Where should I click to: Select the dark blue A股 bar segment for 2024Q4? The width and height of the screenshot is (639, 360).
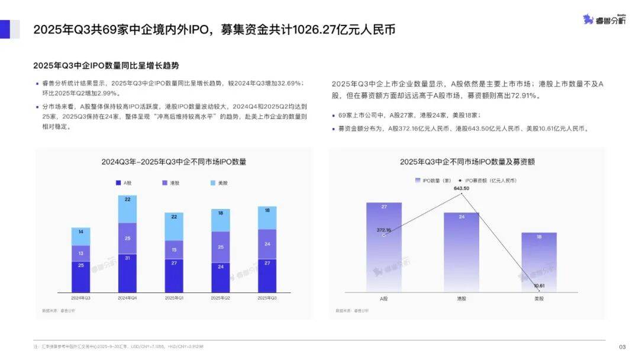click(x=127, y=273)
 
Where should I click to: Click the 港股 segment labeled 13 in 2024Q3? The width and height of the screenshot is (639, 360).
click(x=81, y=253)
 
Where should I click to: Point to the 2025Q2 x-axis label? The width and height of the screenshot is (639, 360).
click(x=220, y=298)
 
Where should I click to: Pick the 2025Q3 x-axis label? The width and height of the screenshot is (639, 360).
click(x=267, y=298)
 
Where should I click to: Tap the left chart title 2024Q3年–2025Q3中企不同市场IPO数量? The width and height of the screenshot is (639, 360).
click(x=174, y=162)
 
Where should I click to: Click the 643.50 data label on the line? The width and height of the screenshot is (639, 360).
click(x=461, y=188)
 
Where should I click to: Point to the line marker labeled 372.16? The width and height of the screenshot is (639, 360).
click(x=384, y=235)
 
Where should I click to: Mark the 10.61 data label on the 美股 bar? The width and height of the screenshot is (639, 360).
click(x=538, y=286)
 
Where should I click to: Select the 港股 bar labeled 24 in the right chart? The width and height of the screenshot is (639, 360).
click(x=461, y=252)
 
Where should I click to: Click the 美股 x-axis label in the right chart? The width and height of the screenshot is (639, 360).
click(x=538, y=298)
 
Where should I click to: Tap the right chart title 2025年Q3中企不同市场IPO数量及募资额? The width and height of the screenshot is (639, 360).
click(x=467, y=162)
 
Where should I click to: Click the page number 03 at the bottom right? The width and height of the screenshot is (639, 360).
click(x=622, y=347)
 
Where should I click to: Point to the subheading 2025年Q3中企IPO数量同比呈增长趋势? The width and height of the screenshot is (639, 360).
click(x=106, y=65)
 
